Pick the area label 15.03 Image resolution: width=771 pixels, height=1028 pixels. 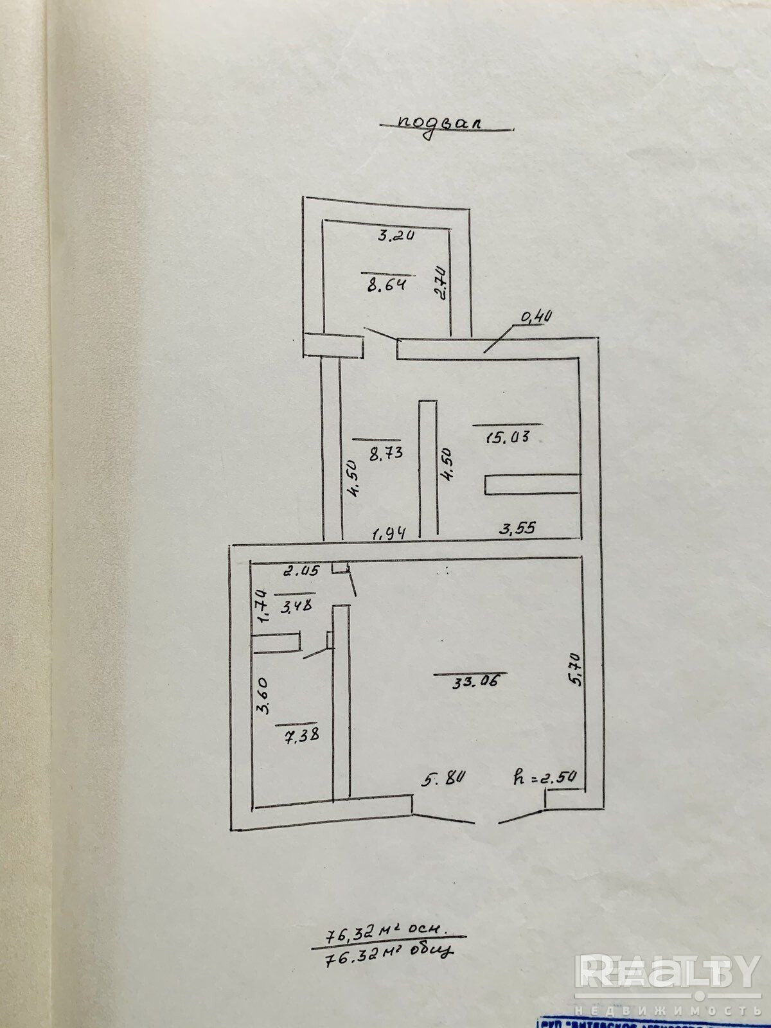pyautogui.click(x=508, y=438)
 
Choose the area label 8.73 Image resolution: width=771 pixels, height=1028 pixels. pyautogui.click(x=385, y=452)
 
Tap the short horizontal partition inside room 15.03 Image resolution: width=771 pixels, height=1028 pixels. pyautogui.click(x=532, y=484)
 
